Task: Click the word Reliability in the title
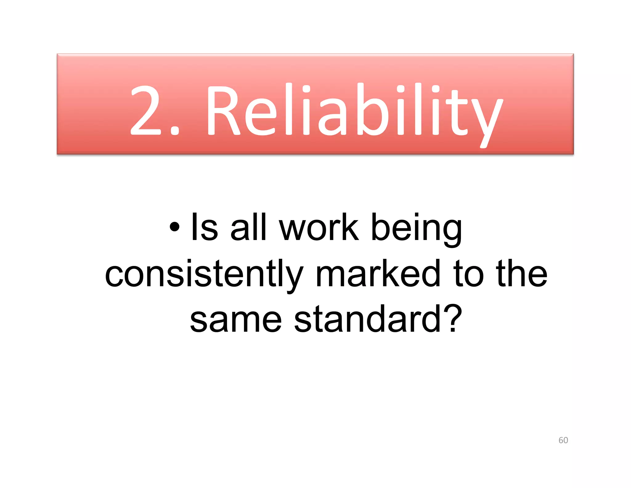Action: tap(354, 111)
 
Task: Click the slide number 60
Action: tap(563, 440)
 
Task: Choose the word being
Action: tap(417, 230)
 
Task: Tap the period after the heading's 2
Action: tap(175, 131)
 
